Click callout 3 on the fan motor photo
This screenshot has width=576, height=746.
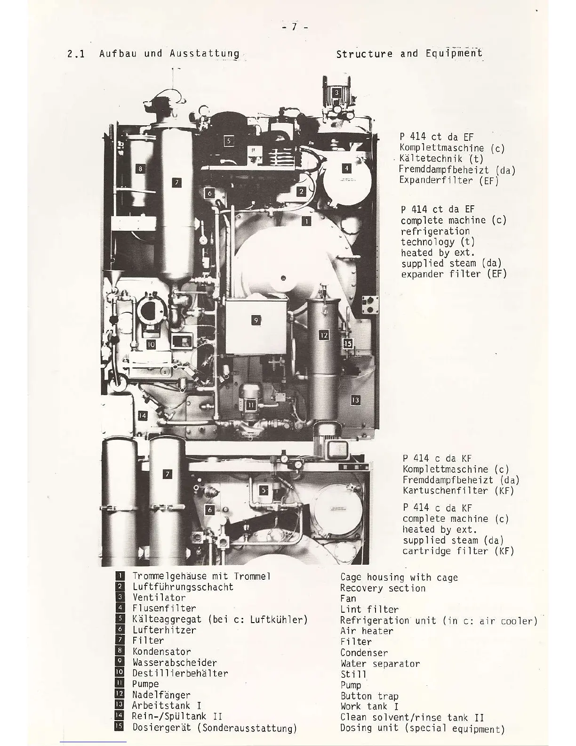[336, 92]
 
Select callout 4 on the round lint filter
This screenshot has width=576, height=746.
[346, 168]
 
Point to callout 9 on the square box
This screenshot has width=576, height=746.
[256, 321]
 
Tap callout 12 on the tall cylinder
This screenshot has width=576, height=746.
[324, 335]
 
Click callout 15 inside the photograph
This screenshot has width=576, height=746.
[348, 343]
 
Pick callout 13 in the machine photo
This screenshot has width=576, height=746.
[355, 400]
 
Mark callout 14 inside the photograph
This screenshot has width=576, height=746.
[142, 415]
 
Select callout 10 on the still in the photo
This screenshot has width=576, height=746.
[151, 344]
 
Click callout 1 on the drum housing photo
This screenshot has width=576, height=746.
[306, 221]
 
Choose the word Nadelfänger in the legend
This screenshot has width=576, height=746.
[161, 695]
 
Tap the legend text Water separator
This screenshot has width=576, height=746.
[380, 664]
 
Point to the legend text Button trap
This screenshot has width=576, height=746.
[369, 696]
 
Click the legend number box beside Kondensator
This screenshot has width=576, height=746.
[120, 651]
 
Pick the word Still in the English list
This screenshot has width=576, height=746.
[353, 674]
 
